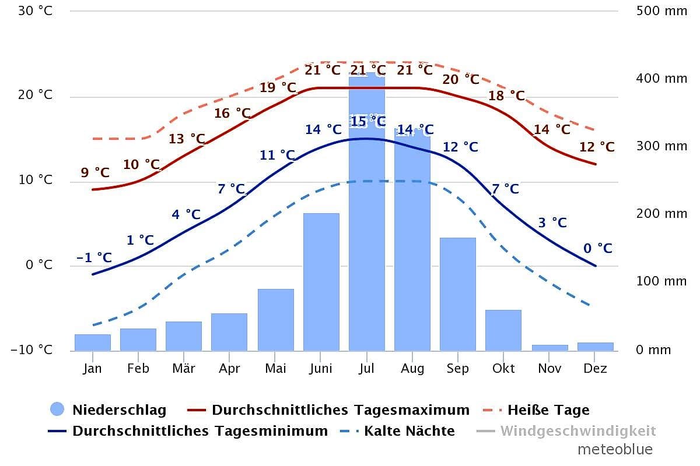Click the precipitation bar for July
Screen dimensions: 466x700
click(367, 233)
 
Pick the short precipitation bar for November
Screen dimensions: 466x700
click(549, 348)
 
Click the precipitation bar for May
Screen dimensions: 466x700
click(275, 320)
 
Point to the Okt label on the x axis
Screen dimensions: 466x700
click(503, 368)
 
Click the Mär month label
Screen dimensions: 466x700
click(184, 368)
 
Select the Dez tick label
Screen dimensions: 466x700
click(595, 368)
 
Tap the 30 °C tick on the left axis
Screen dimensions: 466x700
click(36, 11)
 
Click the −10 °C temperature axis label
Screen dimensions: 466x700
click(32, 350)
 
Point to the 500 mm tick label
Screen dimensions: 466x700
click(661, 11)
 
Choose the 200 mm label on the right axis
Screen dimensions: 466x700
click(661, 214)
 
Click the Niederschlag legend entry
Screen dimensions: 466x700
click(119, 410)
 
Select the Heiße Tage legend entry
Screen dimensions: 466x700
click(548, 410)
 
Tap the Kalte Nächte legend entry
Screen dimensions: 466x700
click(409, 432)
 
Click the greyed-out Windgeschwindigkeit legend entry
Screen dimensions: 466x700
click(577, 432)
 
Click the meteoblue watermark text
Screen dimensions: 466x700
click(615, 450)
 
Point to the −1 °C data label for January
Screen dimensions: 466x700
click(94, 257)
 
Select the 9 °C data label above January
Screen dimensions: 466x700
click(95, 173)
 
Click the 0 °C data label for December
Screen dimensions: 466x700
click(598, 249)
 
